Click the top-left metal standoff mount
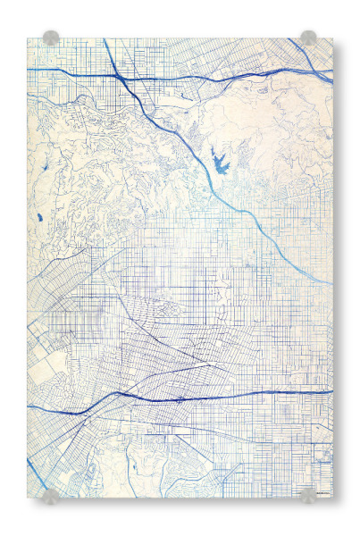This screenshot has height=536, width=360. coord(51,38)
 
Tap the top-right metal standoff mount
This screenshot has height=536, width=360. coord(308,38)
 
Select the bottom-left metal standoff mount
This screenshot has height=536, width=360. coord(51,496)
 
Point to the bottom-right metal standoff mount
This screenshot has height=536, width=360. coord(308,496)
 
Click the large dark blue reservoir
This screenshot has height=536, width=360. coord(219,162)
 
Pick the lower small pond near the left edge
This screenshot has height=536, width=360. coord(39,217)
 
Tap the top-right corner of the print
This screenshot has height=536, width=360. coord(332,38)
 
